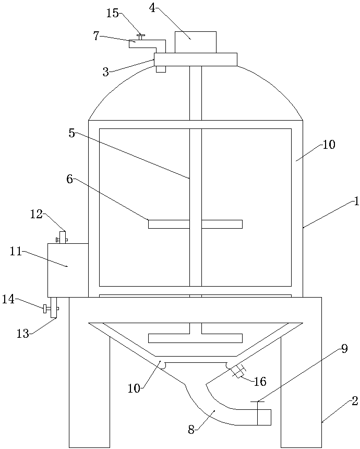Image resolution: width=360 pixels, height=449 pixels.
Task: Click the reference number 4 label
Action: pyautogui.click(x=152, y=8)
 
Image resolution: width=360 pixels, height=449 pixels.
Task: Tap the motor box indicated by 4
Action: pyautogui.click(x=195, y=42)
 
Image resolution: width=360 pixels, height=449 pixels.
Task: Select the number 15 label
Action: pyautogui.click(x=113, y=13)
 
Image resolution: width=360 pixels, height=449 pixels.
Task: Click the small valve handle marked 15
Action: pyautogui.click(x=140, y=37)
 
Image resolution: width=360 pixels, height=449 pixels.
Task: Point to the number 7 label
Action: pyautogui.click(x=96, y=36)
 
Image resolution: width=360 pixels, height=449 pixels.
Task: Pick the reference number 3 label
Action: pyautogui.click(x=105, y=72)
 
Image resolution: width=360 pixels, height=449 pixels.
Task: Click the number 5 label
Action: pyautogui.click(x=71, y=133)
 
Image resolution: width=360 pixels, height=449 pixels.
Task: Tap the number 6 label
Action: pyautogui.click(x=69, y=179)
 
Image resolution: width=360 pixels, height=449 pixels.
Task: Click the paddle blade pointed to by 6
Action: pyautogui.click(x=168, y=224)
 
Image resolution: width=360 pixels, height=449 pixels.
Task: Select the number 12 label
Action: pyautogui.click(x=36, y=214)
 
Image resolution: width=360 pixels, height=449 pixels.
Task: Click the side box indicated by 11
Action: pyautogui.click(x=68, y=270)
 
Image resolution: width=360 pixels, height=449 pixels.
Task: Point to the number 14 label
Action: pyautogui.click(x=8, y=299)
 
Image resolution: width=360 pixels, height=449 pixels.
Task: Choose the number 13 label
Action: pyautogui.click(x=22, y=334)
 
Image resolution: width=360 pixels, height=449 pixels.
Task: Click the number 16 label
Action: pyautogui.click(x=260, y=382)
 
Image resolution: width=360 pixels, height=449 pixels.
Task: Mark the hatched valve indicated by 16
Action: pyautogui.click(x=238, y=372)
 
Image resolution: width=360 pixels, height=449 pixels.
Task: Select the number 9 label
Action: pyautogui.click(x=344, y=350)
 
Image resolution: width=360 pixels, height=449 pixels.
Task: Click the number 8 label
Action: pyautogui.click(x=191, y=430)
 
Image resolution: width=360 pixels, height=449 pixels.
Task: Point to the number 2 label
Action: pyautogui.click(x=354, y=401)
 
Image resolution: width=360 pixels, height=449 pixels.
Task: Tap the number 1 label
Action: pyautogui.click(x=356, y=202)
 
